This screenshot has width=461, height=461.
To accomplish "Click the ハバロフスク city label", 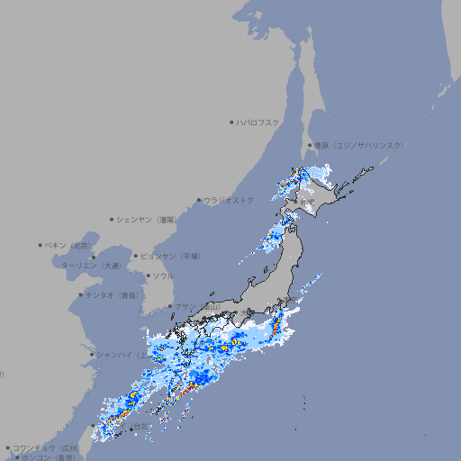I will click(258, 122).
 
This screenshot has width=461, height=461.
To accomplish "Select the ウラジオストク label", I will click(229, 200).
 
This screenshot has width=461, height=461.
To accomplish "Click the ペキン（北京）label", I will click(69, 245).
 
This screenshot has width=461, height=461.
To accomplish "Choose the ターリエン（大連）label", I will click(91, 266).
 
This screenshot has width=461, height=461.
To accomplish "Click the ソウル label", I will click(163, 276).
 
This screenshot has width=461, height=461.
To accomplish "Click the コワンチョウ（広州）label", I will click(46, 447).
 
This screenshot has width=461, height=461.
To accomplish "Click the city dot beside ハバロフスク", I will click(231, 122).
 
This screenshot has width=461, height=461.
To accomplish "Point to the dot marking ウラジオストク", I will click(199, 200).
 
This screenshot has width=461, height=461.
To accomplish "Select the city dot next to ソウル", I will click(147, 276).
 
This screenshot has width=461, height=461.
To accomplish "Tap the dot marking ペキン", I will click(41, 245).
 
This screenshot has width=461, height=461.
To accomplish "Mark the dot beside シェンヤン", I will click(112, 220).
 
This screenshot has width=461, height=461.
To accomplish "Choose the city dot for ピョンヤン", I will click(136, 257).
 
